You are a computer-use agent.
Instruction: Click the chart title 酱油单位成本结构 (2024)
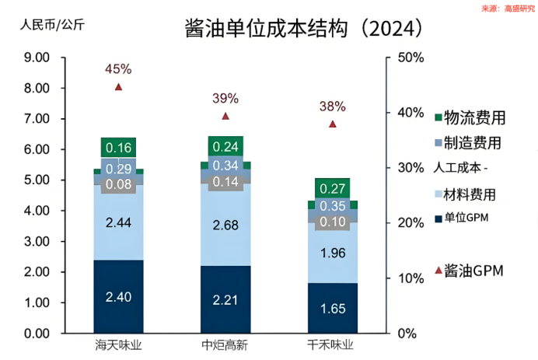pos(304,28)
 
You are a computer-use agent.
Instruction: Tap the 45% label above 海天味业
pos(118,69)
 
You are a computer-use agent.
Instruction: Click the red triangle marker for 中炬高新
pos(225,117)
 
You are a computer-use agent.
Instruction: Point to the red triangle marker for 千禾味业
pos(333,124)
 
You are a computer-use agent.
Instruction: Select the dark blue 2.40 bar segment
pos(118,296)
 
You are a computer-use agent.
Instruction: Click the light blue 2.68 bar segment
pos(225,225)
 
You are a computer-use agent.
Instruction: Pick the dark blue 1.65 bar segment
pos(333,308)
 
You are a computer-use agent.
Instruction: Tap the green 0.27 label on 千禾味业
pos(333,188)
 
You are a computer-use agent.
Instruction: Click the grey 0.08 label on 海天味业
pos(118,184)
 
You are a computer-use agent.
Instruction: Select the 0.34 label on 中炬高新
pos(225,166)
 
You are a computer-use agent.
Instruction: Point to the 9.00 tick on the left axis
pos(37,58)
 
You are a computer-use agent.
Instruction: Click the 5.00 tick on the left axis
pos(37,180)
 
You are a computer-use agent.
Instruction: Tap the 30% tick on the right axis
pos(410,168)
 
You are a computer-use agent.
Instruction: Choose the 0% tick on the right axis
pos(407,334)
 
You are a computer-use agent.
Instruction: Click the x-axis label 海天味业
pos(118,345)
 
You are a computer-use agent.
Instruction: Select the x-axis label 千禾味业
pos(330,345)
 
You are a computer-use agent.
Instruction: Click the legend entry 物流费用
pos(470,117)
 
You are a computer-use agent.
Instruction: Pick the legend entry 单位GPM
pos(462,218)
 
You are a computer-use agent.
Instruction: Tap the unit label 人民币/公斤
pos(52,25)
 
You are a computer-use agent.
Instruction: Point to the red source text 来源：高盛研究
pos(508,9)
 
